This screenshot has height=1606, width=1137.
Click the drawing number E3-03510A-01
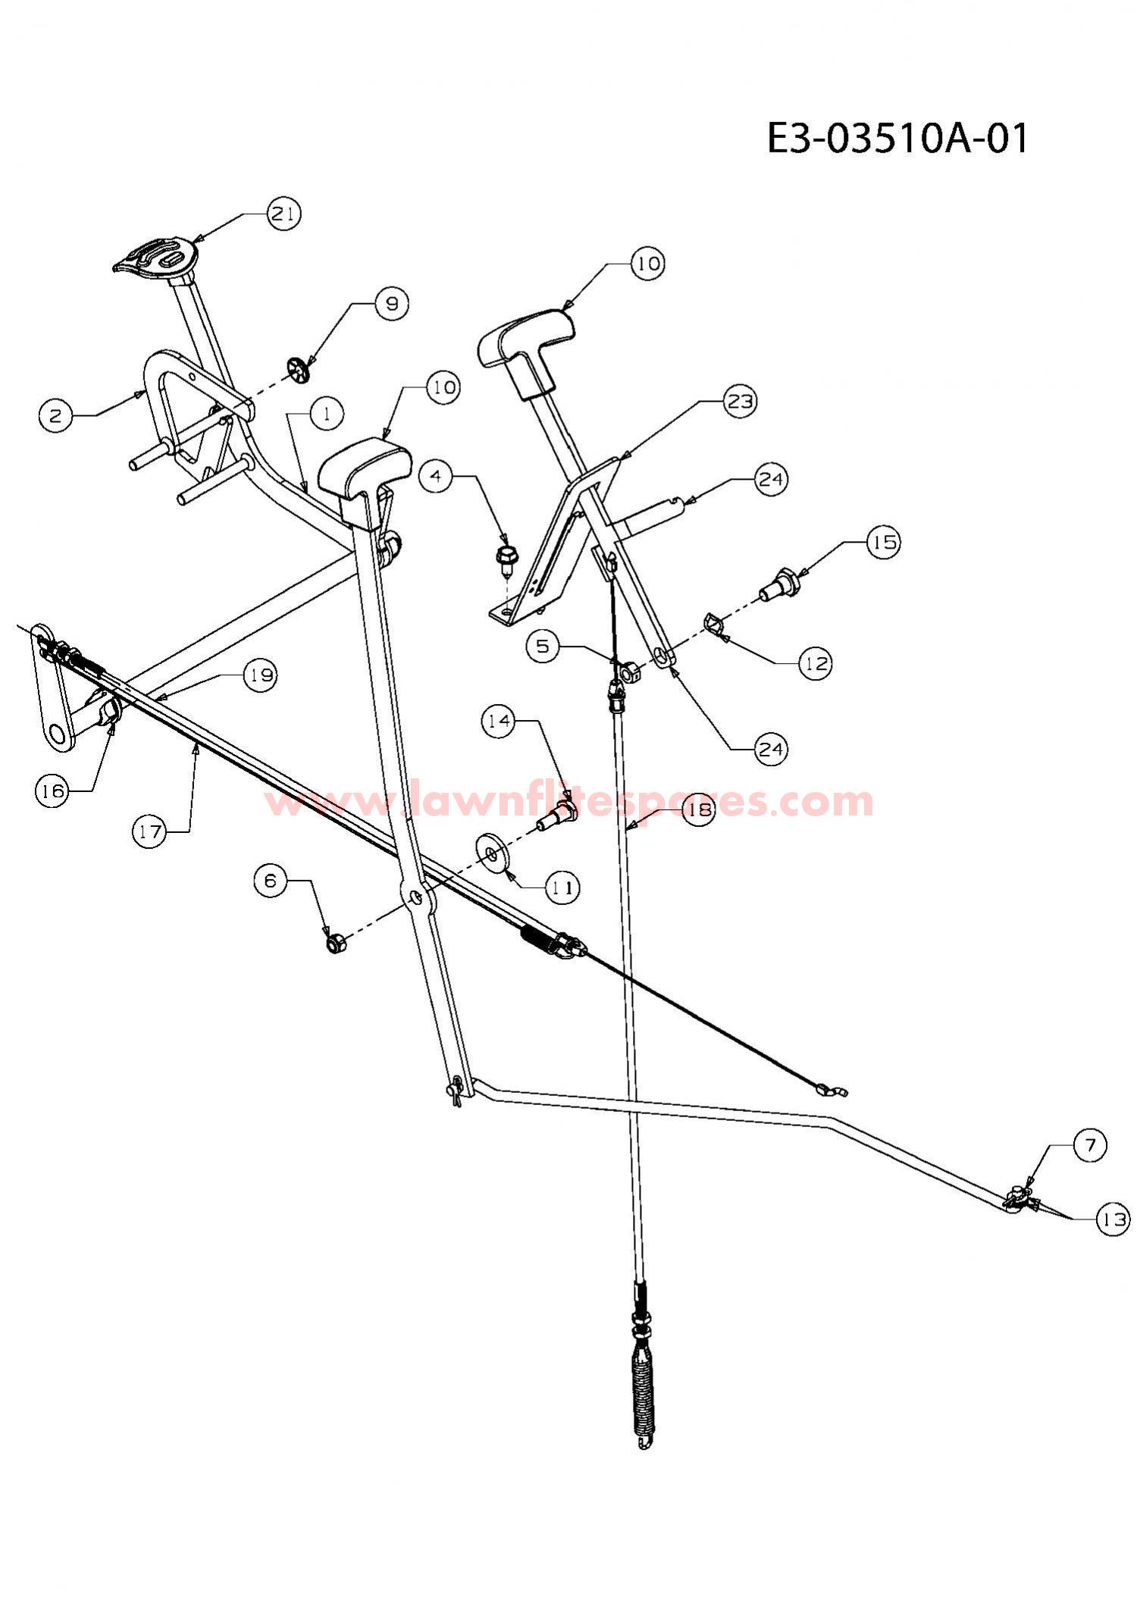(898, 139)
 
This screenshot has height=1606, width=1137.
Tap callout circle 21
(284, 214)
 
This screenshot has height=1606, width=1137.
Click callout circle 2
(55, 415)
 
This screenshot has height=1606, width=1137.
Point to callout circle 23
(739, 401)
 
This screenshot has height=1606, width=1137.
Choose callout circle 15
(883, 543)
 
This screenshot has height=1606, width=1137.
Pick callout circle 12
(816, 663)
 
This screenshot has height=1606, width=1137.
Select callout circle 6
(271, 881)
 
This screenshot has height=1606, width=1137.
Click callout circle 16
(52, 791)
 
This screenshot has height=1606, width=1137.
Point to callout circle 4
(436, 476)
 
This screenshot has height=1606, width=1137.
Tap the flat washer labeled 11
(495, 854)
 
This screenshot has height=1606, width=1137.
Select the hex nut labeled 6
(334, 944)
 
